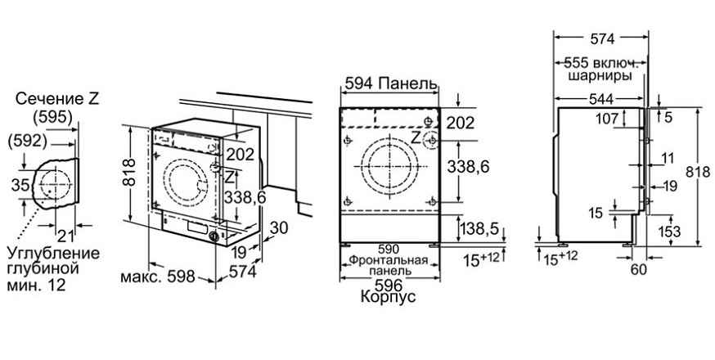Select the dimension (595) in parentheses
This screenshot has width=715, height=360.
coord(53,118)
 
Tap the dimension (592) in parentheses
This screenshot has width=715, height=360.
coord(28,142)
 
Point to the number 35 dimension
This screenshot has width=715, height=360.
coord(20,185)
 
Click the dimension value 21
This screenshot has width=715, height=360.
coord(65,236)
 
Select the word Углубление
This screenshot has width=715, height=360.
coord(53,254)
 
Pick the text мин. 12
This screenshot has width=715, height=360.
coord(37,286)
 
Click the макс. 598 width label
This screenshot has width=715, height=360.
coord(157,276)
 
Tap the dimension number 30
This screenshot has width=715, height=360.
coord(279,227)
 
